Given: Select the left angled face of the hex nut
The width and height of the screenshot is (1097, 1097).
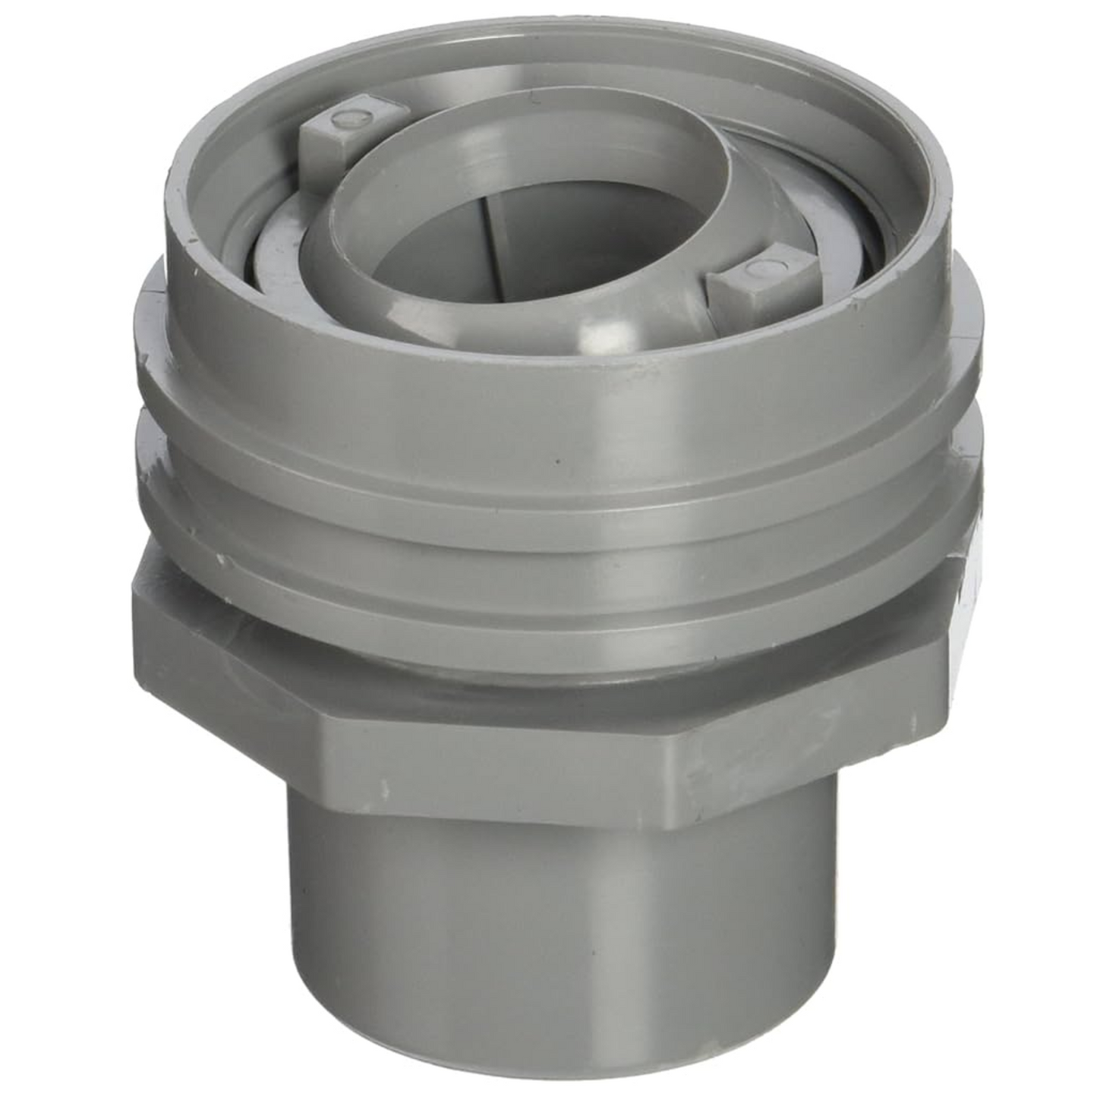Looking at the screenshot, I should [228, 668].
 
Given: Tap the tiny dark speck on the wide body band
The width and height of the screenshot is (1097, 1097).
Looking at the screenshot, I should [558, 460].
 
